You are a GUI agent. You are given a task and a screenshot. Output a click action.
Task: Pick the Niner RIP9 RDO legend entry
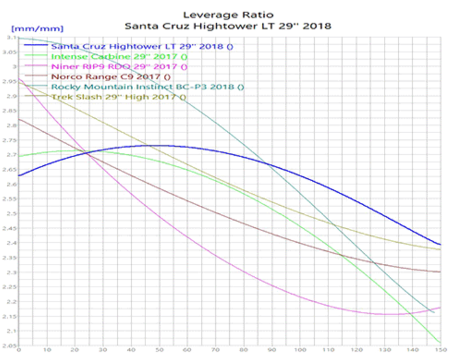[x=120, y=66]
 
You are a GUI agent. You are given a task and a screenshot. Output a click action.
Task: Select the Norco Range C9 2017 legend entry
[x=111, y=76]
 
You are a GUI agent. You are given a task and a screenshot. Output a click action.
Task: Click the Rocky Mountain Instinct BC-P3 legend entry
[x=147, y=87]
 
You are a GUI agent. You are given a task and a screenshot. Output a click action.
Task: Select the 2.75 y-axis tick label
[x=10, y=140]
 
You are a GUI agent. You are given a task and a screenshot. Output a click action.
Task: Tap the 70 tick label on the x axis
[x=216, y=349]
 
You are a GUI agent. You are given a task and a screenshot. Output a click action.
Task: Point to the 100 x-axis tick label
[x=299, y=349]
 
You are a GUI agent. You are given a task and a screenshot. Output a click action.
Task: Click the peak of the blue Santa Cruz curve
[x=159, y=145]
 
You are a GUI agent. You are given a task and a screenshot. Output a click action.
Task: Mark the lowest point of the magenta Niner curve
[x=389, y=314]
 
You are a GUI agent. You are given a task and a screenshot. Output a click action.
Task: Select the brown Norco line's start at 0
[x=19, y=118]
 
